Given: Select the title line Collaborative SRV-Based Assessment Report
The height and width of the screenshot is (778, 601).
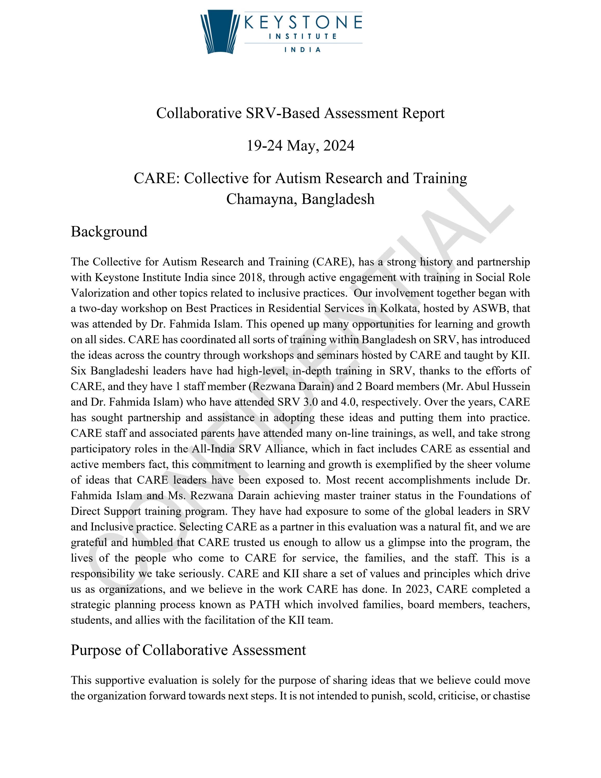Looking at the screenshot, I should pos(300,113).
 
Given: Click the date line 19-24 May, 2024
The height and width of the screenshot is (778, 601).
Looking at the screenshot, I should pos(300,146).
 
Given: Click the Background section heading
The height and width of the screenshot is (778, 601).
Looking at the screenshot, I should pos(109,231).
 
